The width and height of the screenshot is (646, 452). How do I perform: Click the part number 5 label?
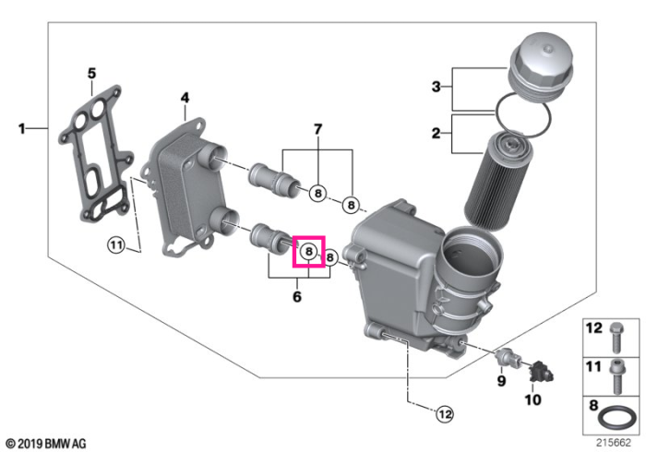click(91, 74)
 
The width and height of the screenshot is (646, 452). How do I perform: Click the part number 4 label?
click(185, 98)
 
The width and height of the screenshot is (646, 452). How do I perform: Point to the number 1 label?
click(22, 129)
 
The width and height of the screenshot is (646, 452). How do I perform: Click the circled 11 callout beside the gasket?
click(116, 245)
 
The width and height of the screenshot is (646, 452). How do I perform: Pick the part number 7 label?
click(317, 129)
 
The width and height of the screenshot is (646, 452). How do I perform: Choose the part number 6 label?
click(297, 296)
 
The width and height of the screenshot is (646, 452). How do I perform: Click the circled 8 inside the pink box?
click(308, 251)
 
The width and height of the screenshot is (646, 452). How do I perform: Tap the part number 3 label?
click(436, 87)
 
